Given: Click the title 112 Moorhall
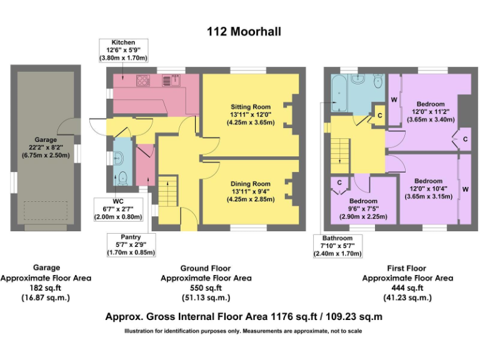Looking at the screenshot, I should (240, 31).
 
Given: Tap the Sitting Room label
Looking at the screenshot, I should (250, 114).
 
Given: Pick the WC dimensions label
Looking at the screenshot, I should (123, 208).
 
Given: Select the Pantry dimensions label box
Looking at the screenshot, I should (131, 244).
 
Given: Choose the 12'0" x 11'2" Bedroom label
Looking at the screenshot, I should (430, 111).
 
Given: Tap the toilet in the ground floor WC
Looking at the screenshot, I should (122, 177).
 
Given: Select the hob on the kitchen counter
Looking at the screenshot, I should (142, 80).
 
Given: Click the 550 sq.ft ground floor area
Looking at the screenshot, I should (206, 287).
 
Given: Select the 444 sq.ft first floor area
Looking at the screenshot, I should (408, 287).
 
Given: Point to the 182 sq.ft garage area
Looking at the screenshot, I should (46, 287).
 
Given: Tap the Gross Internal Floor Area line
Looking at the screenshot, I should (244, 317).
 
